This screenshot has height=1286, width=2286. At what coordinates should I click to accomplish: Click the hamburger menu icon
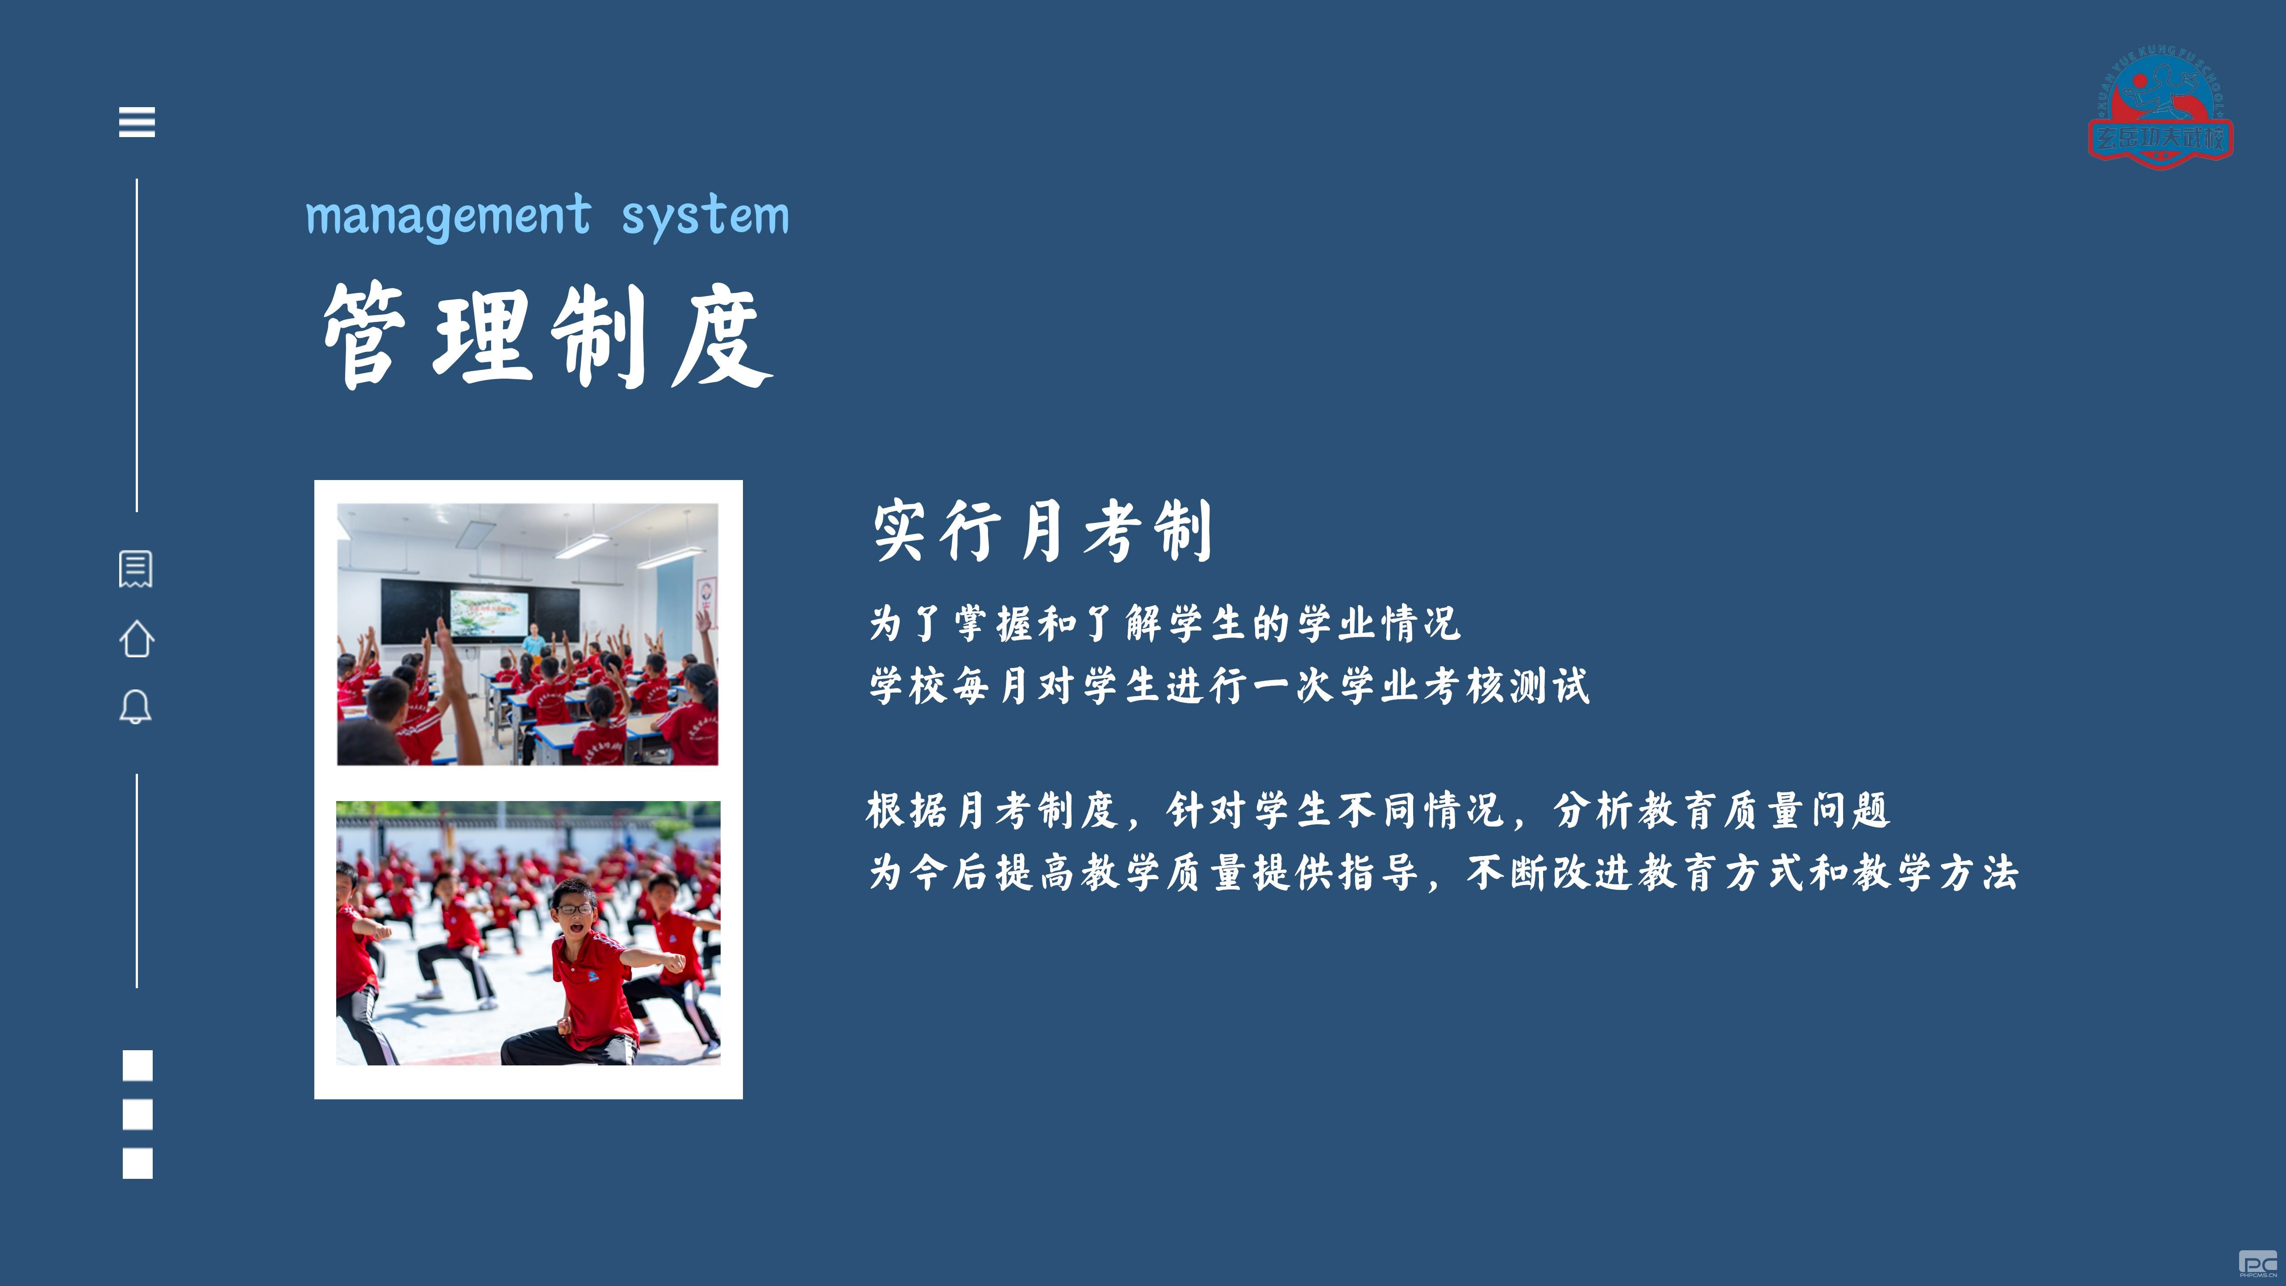tap(137, 121)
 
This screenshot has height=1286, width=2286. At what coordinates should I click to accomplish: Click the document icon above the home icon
tap(136, 569)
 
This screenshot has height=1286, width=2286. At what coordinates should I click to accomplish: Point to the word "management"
tap(448, 216)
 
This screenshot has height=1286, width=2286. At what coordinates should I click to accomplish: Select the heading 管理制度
tap(547, 335)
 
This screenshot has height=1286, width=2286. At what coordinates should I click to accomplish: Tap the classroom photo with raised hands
tap(528, 635)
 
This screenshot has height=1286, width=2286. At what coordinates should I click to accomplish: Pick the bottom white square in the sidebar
tap(138, 1164)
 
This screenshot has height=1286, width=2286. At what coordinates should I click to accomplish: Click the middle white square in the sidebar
tap(138, 1115)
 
